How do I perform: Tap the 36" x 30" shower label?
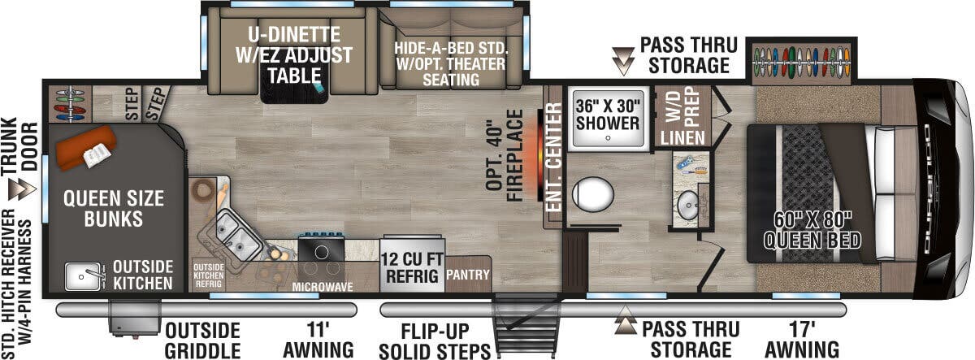tap(608, 114)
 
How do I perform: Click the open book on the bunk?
tap(96, 154)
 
